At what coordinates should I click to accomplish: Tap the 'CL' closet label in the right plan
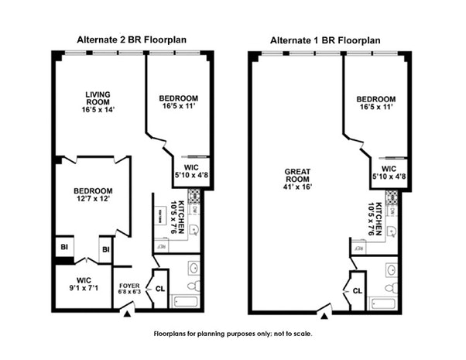(x=358, y=290)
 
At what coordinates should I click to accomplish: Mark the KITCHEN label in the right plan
(x=379, y=218)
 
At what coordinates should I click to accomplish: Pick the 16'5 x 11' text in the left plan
(x=179, y=107)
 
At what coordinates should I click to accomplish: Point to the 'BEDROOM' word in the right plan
(x=376, y=99)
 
